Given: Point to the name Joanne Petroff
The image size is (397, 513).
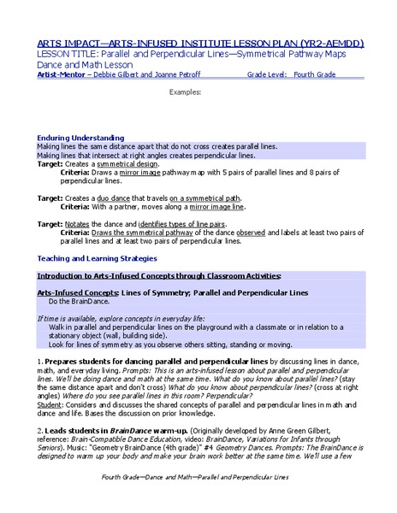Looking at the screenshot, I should pyautogui.click(x=183, y=74).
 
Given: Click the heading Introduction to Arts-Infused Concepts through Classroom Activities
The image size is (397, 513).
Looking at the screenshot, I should pyautogui.click(x=158, y=276).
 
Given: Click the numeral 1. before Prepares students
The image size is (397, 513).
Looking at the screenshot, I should pyautogui.click(x=40, y=363).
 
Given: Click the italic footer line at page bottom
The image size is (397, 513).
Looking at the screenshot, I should pyautogui.click(x=194, y=499).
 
